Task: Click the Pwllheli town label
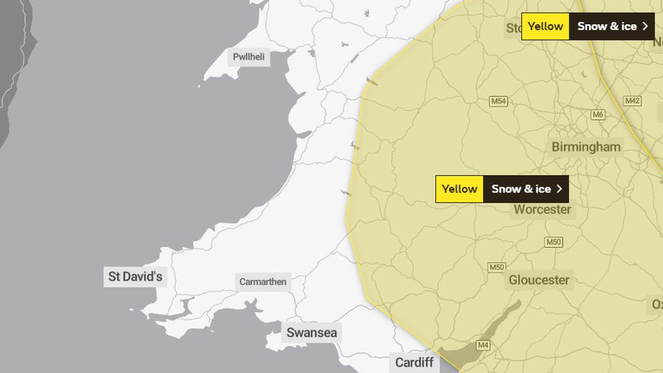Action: coord(249,57)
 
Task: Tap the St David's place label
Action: coord(135,277)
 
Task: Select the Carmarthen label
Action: coord(263,282)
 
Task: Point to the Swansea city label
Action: coord(311,332)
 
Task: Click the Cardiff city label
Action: coord(414,362)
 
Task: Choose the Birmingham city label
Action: coord(586,147)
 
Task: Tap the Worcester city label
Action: coord(542,209)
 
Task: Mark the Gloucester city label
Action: coord(539,279)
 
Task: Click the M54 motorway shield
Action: coord(499,101)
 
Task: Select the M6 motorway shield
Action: coord(598,114)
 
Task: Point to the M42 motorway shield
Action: coord(632,101)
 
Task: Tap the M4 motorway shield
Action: coord(483,345)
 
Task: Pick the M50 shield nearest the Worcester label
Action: coord(554,242)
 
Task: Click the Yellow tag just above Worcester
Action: coord(459,189)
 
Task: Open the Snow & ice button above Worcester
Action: coord(521,189)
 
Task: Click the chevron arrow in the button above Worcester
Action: coord(559,189)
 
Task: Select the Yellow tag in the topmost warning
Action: coord(545,26)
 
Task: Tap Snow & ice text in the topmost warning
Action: coord(607,26)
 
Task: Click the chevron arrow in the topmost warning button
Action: coord(645,26)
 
